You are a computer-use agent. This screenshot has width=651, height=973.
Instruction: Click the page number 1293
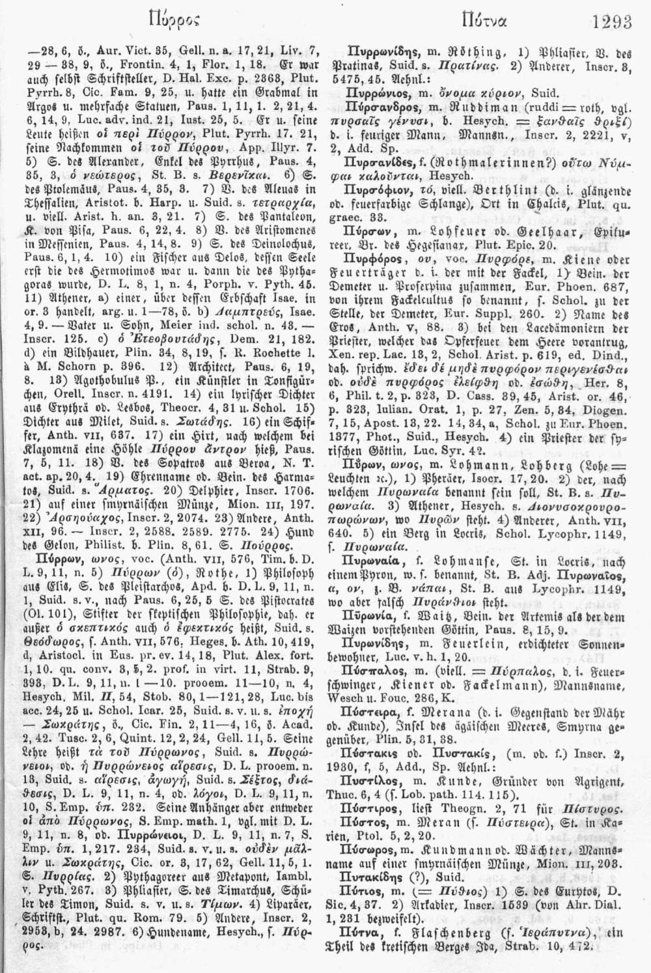pyautogui.click(x=613, y=22)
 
